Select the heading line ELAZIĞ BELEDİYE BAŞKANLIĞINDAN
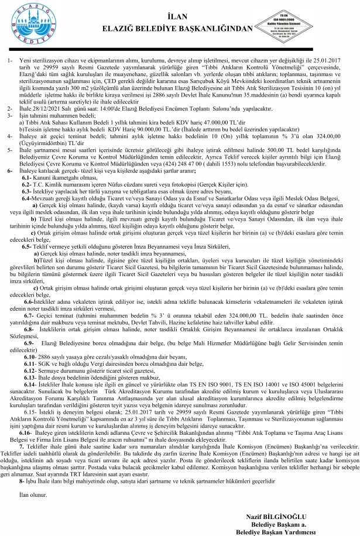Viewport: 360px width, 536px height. click(181, 26)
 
